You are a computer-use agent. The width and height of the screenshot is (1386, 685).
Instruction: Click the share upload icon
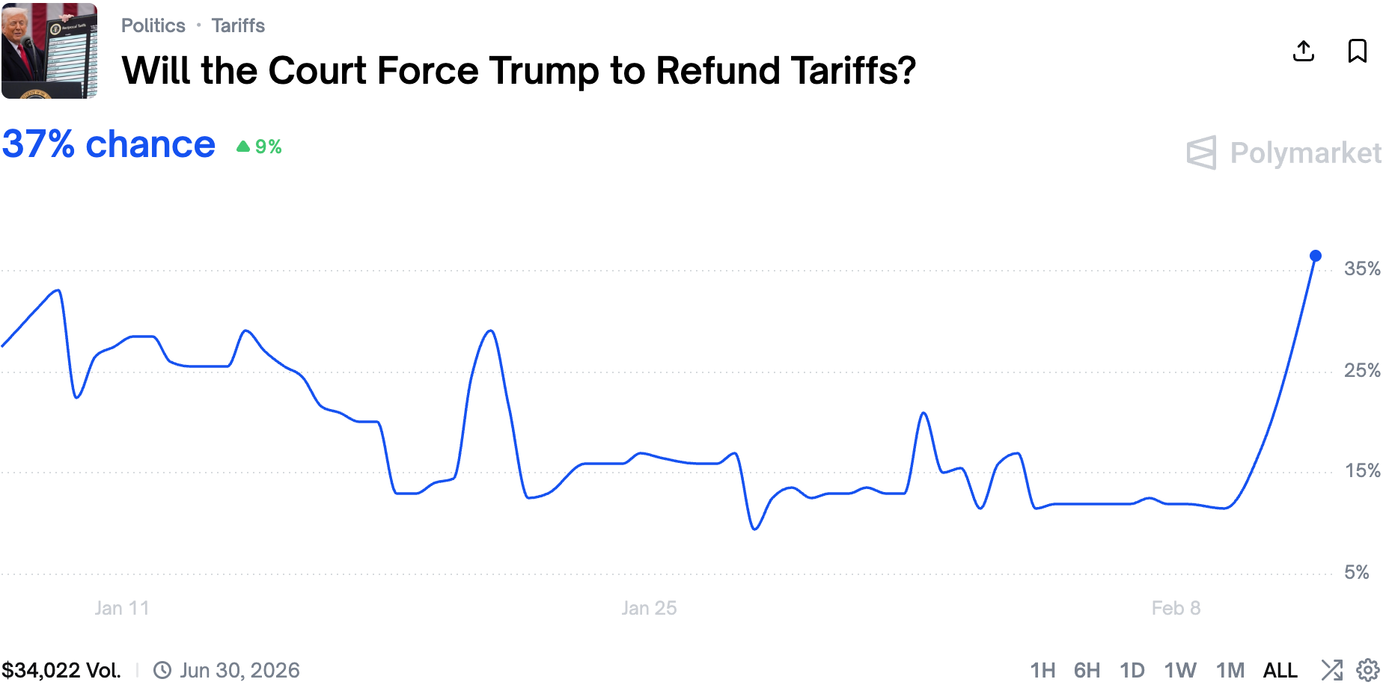pos(1304,51)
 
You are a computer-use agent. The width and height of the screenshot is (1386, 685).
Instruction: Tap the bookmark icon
pos(1357,51)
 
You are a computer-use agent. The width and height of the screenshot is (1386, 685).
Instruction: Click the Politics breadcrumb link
pos(153,25)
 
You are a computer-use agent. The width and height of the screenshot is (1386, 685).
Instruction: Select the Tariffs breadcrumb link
pos(238,25)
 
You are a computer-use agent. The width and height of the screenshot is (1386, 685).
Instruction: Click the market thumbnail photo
pos(49,51)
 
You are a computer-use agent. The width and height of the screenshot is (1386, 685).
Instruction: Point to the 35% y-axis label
pos(1362,269)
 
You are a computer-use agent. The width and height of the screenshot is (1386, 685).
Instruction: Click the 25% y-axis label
pos(1362,370)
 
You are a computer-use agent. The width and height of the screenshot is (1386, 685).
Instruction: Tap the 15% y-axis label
pos(1362,471)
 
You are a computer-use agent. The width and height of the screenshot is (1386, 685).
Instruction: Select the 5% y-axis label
pos(1356,572)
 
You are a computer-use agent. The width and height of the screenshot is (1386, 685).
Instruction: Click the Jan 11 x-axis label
pos(122,608)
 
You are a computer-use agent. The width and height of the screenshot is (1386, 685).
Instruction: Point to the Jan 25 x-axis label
pos(649,608)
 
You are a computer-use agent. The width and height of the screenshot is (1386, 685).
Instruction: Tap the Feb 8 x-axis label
pos(1176,608)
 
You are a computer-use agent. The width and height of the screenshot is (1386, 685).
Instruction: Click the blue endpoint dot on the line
pos(1316,256)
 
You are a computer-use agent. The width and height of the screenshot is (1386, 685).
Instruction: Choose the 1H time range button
pos(1042,670)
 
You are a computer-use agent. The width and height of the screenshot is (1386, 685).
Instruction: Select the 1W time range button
pos(1180,670)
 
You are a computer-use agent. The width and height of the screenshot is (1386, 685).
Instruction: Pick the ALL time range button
pos(1280,670)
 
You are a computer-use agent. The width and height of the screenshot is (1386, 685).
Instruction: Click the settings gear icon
pos(1368,670)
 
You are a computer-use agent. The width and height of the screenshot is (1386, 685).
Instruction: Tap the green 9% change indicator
pos(260,147)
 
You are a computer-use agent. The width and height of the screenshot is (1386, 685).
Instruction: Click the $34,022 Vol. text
pos(61,670)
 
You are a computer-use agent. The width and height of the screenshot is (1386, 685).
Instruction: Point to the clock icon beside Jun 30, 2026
pos(162,670)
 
